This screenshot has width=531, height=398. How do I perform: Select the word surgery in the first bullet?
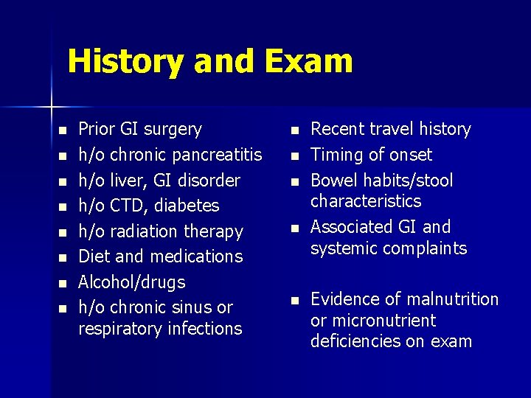tap(173, 130)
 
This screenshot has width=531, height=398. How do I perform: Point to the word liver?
tap(125, 181)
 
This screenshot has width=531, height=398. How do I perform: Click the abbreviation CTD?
tap(123, 206)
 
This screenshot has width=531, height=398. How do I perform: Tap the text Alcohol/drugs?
tap(132, 282)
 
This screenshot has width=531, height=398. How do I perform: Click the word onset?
tap(410, 155)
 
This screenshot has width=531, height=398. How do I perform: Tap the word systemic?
tap(341, 248)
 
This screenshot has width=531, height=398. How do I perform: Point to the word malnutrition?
tap(453, 299)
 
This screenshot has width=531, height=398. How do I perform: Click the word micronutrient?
tap(383, 321)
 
